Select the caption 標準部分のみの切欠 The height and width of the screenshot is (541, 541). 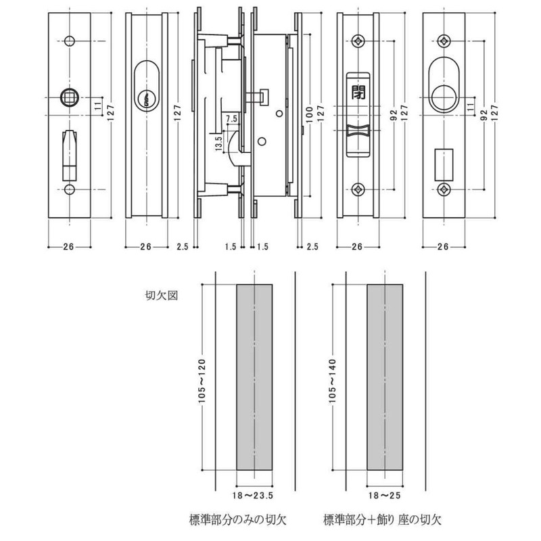pyautogui.click(x=238, y=520)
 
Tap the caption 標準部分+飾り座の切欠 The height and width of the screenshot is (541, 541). pyautogui.click(x=382, y=520)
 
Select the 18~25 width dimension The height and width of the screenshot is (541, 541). pyautogui.click(x=384, y=496)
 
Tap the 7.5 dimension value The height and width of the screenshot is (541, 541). pyautogui.click(x=231, y=119)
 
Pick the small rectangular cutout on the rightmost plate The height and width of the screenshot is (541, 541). pyautogui.click(x=444, y=160)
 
